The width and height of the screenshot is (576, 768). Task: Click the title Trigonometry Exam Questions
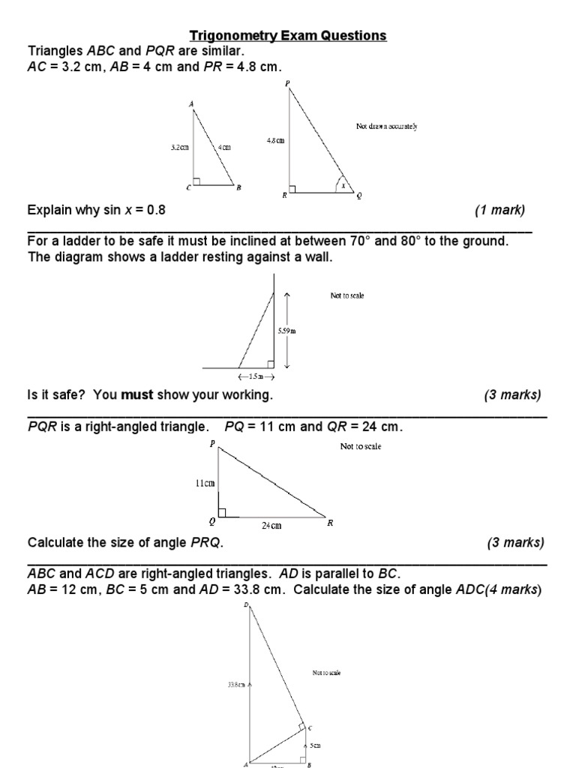(x=287, y=35)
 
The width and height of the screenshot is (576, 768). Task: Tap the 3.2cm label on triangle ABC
(x=179, y=148)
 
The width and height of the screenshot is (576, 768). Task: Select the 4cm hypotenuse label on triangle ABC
(x=225, y=148)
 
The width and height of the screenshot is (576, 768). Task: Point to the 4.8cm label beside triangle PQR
(x=275, y=140)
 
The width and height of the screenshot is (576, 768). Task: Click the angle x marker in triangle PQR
(x=343, y=185)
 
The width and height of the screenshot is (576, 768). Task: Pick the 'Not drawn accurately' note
(x=386, y=126)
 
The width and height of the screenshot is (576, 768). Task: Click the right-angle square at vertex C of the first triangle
(x=196, y=181)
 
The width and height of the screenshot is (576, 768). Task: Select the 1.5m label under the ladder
(x=256, y=376)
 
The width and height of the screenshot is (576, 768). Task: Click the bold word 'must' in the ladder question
(x=137, y=394)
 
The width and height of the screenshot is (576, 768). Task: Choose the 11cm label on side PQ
(x=205, y=484)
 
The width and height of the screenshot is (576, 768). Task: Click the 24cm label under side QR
(x=271, y=526)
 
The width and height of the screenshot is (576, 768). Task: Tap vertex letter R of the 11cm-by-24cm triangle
(x=329, y=523)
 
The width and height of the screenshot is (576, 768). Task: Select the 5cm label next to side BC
(x=316, y=745)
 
